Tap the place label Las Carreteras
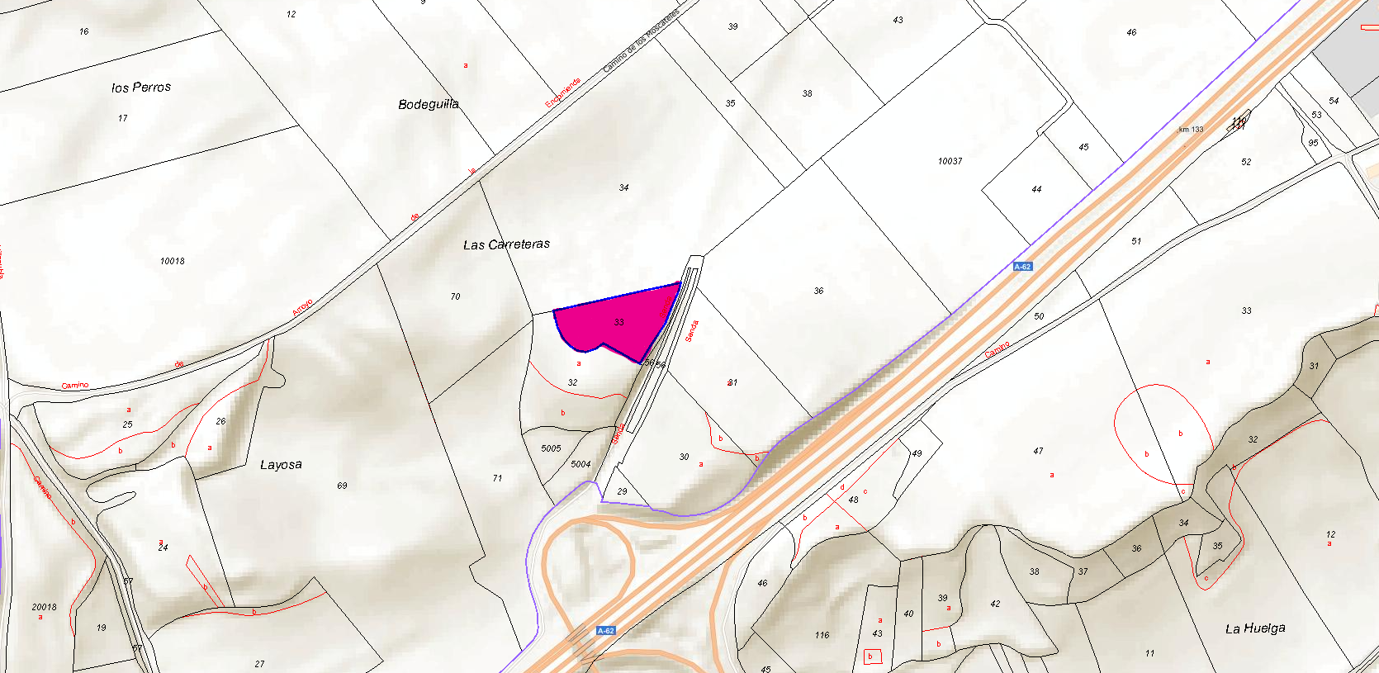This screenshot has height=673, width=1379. pos(506,244)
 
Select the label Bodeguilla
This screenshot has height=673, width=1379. pos(428,104)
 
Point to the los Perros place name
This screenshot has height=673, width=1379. pos(141,87)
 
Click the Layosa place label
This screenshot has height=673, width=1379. pos(281,465)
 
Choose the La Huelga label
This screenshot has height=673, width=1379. pos(1254,628)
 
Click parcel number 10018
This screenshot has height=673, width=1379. pos(173,261)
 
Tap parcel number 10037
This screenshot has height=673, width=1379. pos(950,161)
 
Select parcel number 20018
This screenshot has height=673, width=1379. pos(45,607)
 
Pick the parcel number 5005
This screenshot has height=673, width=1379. pos(551,448)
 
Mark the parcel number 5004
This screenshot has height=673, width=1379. pos(581,464)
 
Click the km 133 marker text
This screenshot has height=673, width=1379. pos(1191,130)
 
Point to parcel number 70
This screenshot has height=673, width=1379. pos(455,296)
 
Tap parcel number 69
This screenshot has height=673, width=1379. pos(342,486)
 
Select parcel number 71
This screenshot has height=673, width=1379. pos(497,478)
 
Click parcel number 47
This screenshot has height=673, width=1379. pos(1038,451)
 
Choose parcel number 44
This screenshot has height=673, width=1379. pos(1036,189)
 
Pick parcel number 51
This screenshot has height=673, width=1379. pos(1136,241)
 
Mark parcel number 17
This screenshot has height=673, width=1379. pos(122,118)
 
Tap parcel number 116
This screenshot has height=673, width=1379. pos(822,635)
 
